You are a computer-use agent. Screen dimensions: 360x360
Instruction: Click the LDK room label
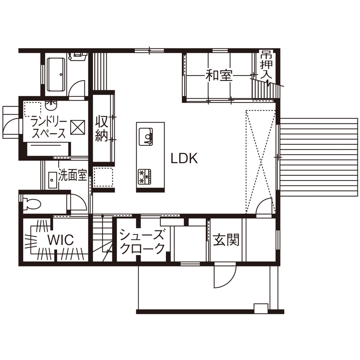[x=184, y=159]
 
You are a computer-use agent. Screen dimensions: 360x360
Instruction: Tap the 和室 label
[x=219, y=76]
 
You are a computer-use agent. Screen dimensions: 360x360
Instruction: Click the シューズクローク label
[x=142, y=241]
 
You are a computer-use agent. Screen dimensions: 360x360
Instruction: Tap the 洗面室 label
[x=73, y=175]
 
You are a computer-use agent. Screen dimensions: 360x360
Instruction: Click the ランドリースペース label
[x=48, y=126]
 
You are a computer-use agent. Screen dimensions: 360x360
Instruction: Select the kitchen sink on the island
[x=146, y=136]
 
